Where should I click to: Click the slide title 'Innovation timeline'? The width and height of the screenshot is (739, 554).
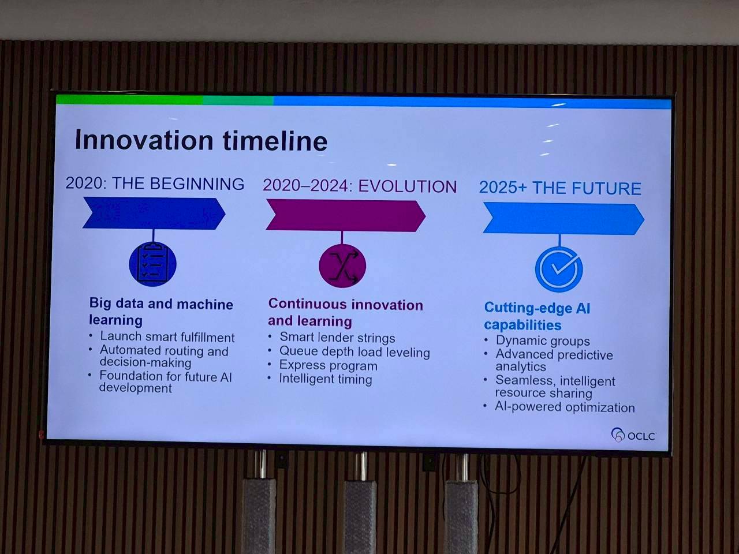[201, 140]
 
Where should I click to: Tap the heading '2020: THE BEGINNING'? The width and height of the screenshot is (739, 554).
[155, 184]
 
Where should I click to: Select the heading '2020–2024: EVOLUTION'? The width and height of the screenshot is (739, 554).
[360, 186]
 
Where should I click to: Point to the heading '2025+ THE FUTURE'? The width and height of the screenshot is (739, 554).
[560, 188]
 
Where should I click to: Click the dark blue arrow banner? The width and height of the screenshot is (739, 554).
[154, 214]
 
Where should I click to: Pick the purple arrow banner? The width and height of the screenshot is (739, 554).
[346, 216]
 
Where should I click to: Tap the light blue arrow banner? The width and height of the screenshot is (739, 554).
[563, 219]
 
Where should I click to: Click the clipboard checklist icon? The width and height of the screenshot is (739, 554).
[153, 264]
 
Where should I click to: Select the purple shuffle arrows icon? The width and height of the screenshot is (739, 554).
[342, 265]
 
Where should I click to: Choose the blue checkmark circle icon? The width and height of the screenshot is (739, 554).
[559, 269]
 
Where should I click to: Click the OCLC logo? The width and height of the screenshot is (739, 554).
[633, 435]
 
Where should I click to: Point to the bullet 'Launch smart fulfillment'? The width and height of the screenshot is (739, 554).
[167, 336]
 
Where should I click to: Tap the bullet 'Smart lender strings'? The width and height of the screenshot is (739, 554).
[337, 338]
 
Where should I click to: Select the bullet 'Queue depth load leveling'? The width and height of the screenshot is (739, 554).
[355, 352]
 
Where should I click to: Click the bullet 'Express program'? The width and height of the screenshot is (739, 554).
[329, 365]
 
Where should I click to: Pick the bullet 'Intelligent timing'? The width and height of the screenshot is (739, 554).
[326, 379]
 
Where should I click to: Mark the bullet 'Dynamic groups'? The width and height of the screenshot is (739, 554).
[543, 340]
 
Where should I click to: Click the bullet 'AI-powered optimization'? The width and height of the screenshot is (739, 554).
[565, 407]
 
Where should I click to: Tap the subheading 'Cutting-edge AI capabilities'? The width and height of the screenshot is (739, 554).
[537, 316]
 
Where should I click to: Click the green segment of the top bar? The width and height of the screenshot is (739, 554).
[130, 100]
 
